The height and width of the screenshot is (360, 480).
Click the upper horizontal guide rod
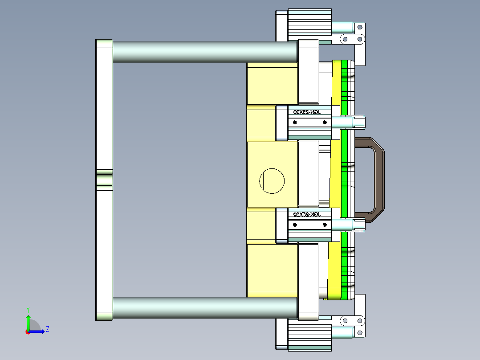pos(205,52)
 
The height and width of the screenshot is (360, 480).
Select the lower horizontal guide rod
pos(205,307)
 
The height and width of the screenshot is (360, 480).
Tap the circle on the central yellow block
pos(272,181)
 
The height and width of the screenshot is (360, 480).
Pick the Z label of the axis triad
pos(47,329)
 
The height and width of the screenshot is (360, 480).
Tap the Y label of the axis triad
pos(28,309)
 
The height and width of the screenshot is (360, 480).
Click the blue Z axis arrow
pos(39,331)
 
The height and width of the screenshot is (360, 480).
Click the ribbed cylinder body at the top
pos(310,22)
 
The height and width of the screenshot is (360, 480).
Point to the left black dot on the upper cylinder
pos(294,123)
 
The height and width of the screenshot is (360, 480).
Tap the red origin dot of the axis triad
pos(28,331)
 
